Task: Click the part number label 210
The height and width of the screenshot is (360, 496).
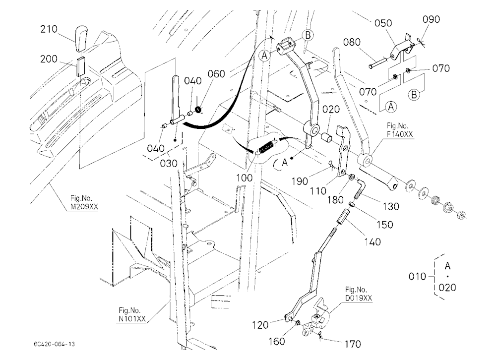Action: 49,29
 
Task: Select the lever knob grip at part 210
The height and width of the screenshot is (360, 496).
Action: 81,39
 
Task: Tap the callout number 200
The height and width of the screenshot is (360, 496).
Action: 49,59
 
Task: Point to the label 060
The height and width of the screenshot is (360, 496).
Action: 216,74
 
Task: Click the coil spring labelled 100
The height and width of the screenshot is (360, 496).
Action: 267,147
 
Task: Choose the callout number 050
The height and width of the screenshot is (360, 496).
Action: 383,23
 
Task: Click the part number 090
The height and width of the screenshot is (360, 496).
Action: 431,19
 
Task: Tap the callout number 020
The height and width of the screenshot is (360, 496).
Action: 331,110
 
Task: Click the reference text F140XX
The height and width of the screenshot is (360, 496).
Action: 399,134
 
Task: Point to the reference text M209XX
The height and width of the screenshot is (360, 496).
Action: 84,207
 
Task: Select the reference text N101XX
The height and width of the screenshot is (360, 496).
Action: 132,318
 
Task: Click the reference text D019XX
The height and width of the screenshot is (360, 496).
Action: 359,298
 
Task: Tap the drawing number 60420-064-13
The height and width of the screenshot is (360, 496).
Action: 55,344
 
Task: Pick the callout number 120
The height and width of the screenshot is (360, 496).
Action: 260,325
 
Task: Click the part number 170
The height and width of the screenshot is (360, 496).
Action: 352,344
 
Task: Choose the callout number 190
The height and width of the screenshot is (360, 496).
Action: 300,181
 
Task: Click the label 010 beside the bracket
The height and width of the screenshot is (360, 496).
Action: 417,277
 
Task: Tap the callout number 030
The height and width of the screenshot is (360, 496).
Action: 169,164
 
